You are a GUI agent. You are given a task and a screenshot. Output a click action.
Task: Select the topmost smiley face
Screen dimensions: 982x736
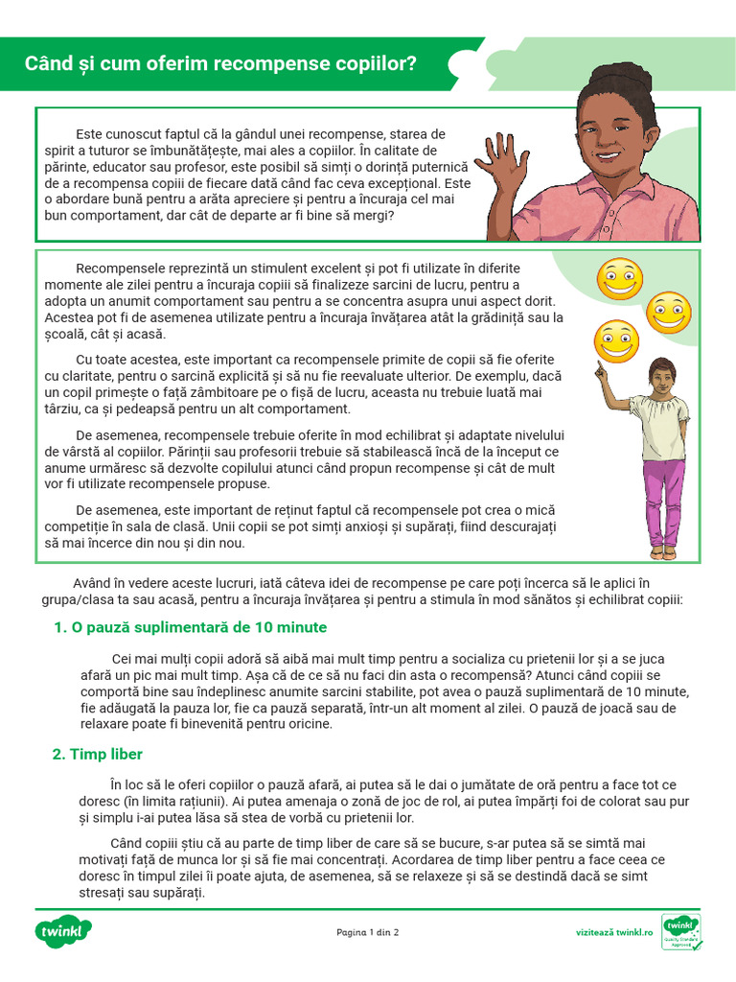click(619, 278)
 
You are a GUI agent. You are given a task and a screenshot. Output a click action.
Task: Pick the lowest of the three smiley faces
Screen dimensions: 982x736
click(615, 341)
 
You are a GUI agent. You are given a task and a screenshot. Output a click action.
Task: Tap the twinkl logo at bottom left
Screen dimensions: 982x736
click(65, 931)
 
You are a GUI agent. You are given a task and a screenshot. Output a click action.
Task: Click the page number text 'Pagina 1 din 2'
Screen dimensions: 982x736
click(368, 932)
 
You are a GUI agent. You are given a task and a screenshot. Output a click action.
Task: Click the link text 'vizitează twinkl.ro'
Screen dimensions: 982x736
click(614, 932)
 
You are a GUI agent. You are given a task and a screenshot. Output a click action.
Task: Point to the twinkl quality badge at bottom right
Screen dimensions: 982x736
click(681, 931)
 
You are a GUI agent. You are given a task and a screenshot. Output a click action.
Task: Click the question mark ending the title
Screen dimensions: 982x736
click(412, 64)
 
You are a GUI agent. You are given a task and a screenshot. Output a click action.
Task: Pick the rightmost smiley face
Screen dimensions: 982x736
click(668, 313)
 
